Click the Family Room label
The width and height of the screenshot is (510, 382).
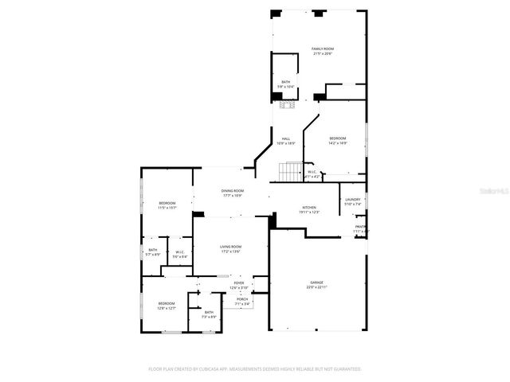pyautogui.click(x=322, y=51)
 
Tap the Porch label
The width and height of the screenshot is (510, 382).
pyautogui.click(x=241, y=301)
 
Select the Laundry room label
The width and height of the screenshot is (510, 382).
pyautogui.click(x=352, y=202)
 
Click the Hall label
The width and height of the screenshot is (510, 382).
pyautogui.click(x=285, y=142)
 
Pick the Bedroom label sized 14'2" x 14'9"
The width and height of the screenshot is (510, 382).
pyautogui.click(x=338, y=141)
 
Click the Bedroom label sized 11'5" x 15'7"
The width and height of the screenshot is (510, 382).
pyautogui.click(x=167, y=205)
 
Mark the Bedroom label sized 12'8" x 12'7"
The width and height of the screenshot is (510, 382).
pyautogui.click(x=166, y=306)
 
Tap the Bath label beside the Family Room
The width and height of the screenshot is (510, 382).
pyautogui.click(x=285, y=84)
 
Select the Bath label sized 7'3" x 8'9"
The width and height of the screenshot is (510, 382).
pyautogui.click(x=209, y=314)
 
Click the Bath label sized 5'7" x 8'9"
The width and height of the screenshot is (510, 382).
pyautogui.click(x=152, y=252)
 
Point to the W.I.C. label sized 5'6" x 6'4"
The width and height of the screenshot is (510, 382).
pyautogui.click(x=180, y=255)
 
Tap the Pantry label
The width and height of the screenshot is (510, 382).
pyautogui.click(x=361, y=229)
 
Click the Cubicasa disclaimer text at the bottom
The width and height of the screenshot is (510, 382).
pyautogui.click(x=255, y=369)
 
